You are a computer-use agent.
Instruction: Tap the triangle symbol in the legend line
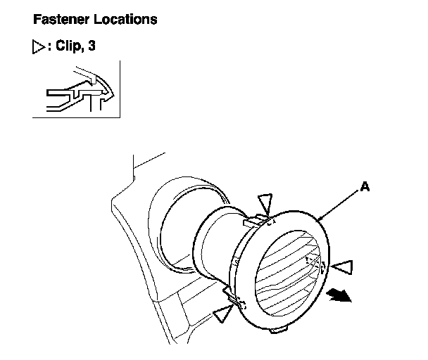click(x=38, y=50)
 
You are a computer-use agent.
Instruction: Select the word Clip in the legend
click(x=69, y=50)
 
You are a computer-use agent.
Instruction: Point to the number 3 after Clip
click(x=92, y=50)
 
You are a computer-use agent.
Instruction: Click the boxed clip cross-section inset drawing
click(x=77, y=89)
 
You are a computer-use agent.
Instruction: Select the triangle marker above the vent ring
click(x=264, y=201)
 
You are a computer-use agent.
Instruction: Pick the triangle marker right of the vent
click(x=343, y=266)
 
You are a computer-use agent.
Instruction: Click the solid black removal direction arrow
click(x=341, y=297)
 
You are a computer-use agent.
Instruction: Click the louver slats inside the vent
click(x=285, y=274)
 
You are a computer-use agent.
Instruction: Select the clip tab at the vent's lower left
click(x=232, y=295)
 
